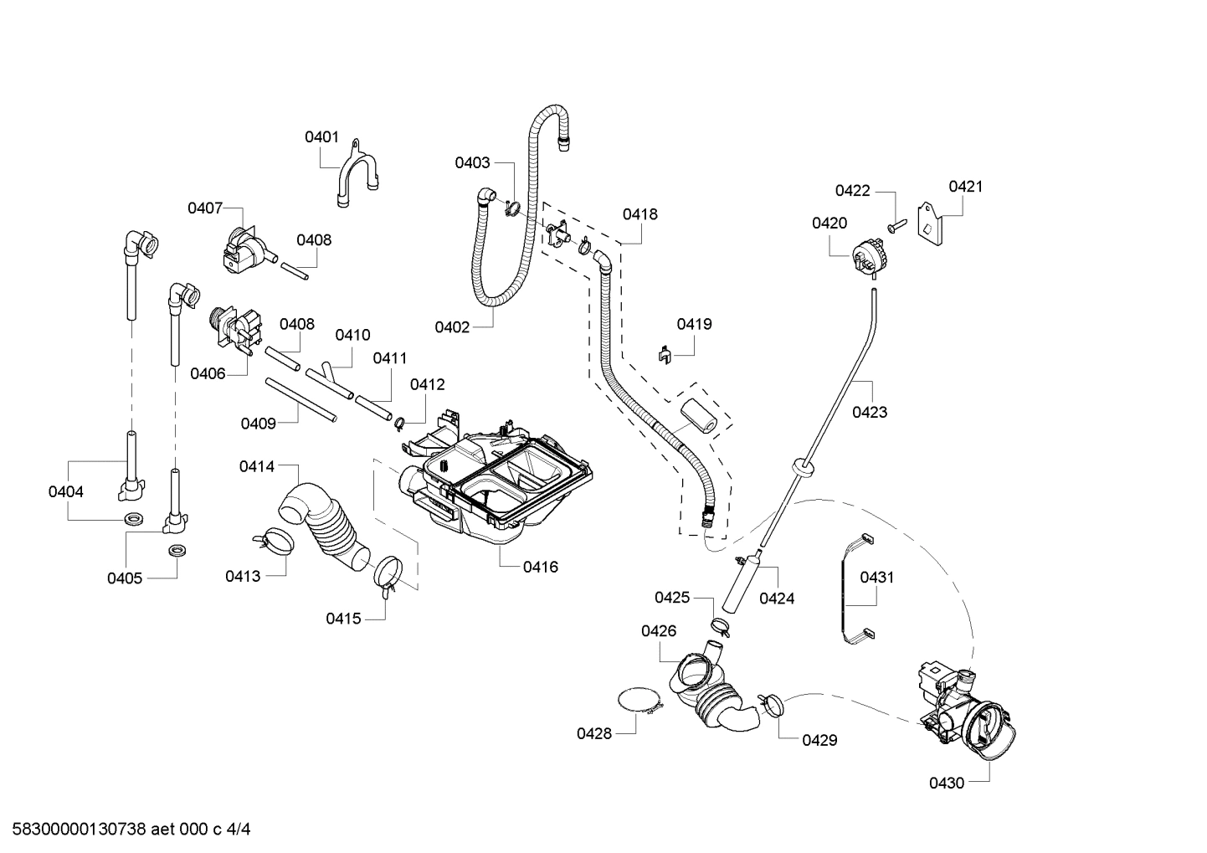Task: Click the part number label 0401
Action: pyautogui.click(x=321, y=137)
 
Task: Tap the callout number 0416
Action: pyautogui.click(x=540, y=567)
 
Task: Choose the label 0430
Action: pyautogui.click(x=947, y=783)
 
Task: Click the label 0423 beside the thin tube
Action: pyautogui.click(x=870, y=412)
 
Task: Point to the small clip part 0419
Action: pyautogui.click(x=664, y=354)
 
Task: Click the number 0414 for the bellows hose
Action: pyautogui.click(x=256, y=466)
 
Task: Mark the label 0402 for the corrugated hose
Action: pyautogui.click(x=452, y=327)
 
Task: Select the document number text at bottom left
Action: pyautogui.click(x=126, y=830)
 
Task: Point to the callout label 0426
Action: pyautogui.click(x=659, y=630)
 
